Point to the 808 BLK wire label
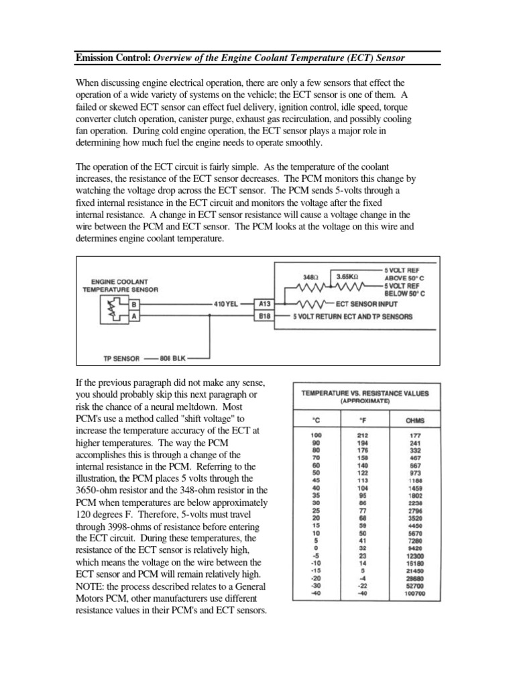177,358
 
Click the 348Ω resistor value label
311,276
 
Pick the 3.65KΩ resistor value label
348,276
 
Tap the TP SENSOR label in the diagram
121,358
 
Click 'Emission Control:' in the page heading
113,58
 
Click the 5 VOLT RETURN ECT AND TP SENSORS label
352,316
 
